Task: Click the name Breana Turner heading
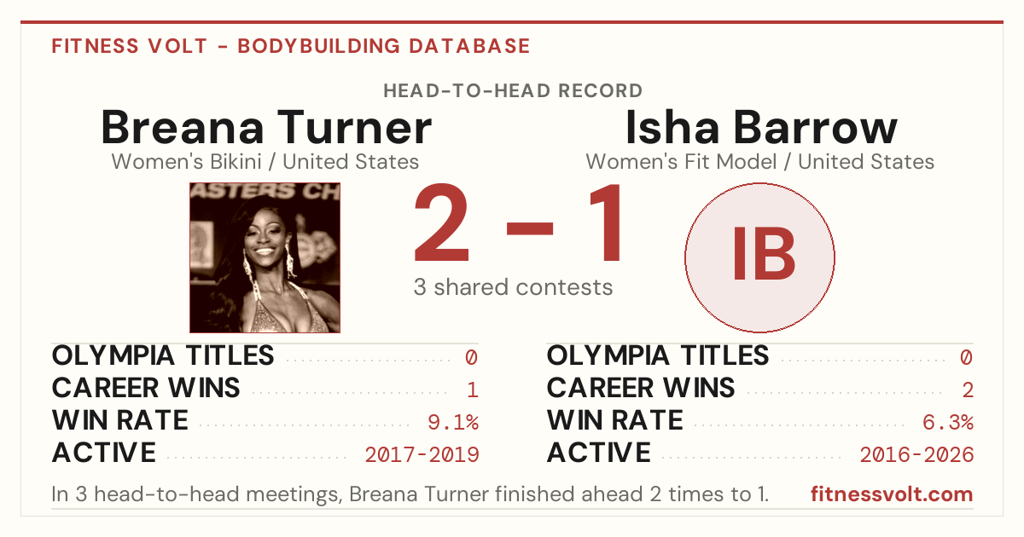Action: tap(266, 127)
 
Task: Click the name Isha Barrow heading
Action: tap(761, 127)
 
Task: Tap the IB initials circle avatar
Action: tap(759, 257)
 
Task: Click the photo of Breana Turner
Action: tap(265, 257)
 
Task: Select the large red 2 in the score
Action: tap(442, 222)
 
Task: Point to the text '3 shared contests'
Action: tap(513, 287)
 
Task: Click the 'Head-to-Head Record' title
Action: tap(513, 91)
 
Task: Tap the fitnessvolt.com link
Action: tap(892, 494)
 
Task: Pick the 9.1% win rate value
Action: tap(453, 423)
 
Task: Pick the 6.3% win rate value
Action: tap(948, 423)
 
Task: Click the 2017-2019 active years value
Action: tap(422, 455)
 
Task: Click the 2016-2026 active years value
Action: tap(916, 455)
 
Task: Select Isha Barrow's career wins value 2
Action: tap(968, 390)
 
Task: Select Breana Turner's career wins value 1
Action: tap(473, 390)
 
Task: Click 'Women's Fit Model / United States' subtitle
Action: tap(759, 162)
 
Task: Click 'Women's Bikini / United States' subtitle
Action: tap(265, 162)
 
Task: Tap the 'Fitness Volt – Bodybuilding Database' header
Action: tap(291, 46)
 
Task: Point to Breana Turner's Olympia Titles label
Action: tap(163, 355)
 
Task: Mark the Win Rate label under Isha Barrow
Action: tap(615, 420)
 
